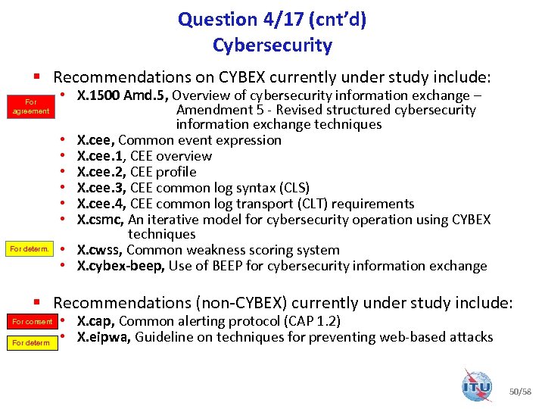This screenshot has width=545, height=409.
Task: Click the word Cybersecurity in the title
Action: click(x=272, y=45)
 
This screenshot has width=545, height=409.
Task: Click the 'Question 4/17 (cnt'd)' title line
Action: click(x=272, y=20)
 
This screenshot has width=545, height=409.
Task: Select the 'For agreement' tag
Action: click(x=31, y=106)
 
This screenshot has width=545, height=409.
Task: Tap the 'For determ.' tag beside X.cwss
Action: click(x=30, y=249)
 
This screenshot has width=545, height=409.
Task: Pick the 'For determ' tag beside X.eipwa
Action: click(x=31, y=343)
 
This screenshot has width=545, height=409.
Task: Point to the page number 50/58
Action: click(x=522, y=392)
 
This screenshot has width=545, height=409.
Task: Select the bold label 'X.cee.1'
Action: click(x=101, y=156)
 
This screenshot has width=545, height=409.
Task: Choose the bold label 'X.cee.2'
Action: click(x=101, y=172)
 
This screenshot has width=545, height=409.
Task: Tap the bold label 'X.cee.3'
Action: click(x=101, y=188)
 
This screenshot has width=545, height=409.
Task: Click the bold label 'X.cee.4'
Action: click(x=101, y=204)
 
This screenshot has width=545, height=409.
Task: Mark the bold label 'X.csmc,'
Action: click(x=101, y=220)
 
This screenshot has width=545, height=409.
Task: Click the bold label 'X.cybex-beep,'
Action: click(x=121, y=266)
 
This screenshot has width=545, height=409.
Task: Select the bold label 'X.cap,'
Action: click(x=96, y=321)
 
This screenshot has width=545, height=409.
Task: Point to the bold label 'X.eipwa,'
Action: click(x=104, y=337)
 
